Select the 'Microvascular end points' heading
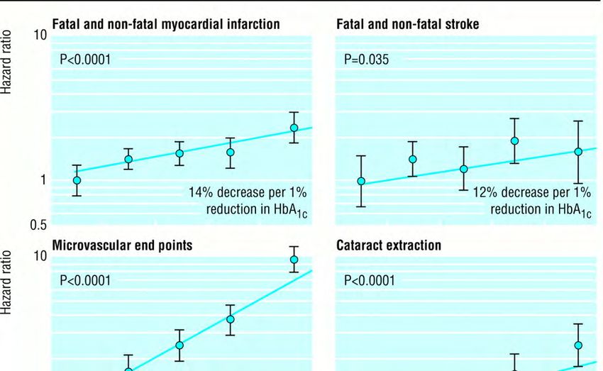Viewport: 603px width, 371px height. coord(121,245)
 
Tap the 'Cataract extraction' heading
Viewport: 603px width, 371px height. coord(389,245)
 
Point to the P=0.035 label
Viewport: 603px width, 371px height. coord(366,60)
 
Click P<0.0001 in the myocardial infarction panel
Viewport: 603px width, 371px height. coord(85,60)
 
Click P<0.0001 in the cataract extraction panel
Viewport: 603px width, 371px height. coord(369,281)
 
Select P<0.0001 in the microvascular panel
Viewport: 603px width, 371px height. coord(85,281)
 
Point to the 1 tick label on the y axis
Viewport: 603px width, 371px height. coord(43,180)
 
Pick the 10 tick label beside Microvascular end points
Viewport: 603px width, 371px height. coord(40,256)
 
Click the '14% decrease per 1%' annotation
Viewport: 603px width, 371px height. coord(248,192)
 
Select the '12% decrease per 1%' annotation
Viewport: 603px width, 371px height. coord(531,192)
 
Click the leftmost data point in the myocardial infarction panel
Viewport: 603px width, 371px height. coord(77,180)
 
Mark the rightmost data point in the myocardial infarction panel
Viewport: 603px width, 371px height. coord(294,128)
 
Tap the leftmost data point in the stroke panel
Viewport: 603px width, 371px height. coord(361,181)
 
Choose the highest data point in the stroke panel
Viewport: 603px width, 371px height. coord(514,140)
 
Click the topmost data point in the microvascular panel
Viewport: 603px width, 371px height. coord(294,260)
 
